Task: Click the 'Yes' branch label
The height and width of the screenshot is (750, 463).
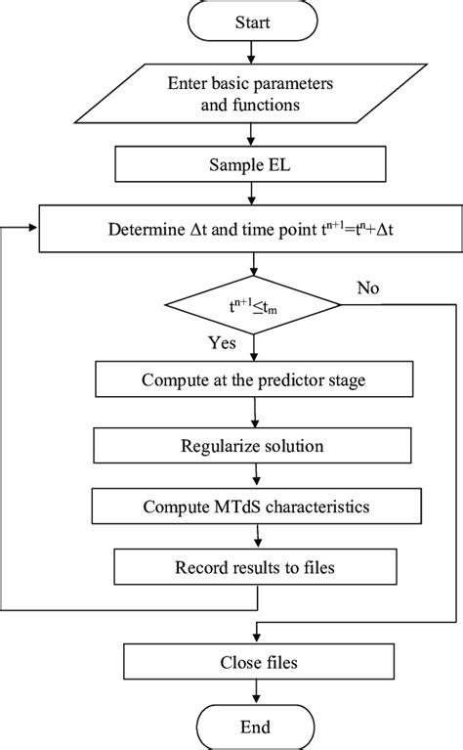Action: point(222,344)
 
